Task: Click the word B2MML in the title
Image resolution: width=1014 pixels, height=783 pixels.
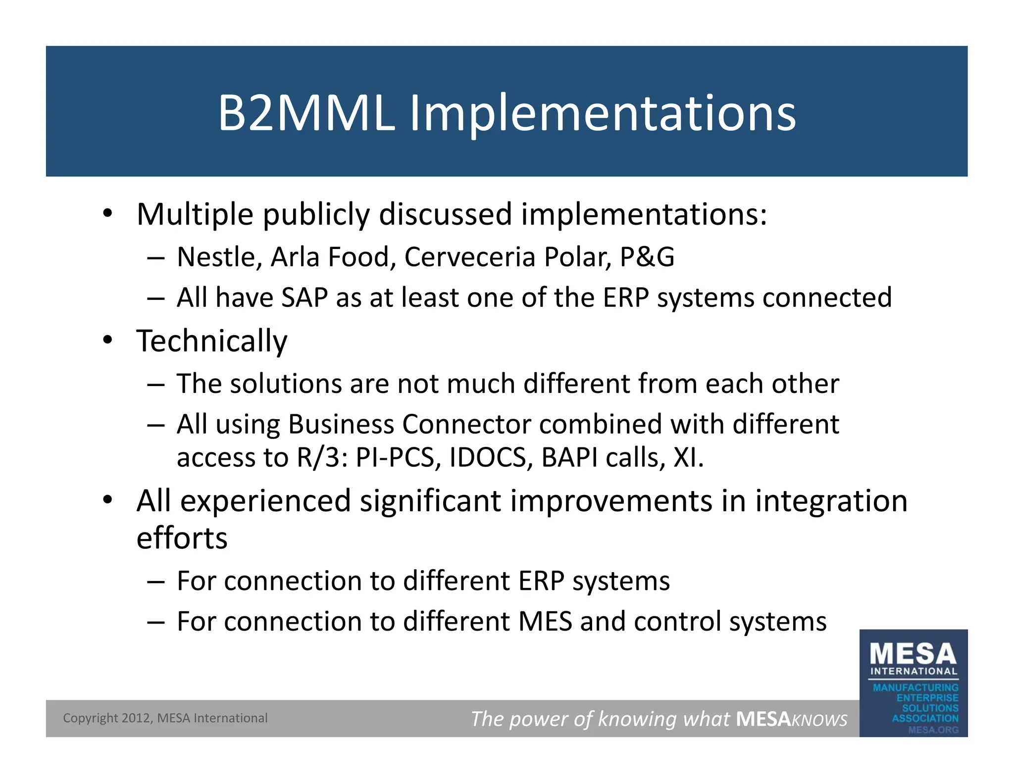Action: click(x=306, y=114)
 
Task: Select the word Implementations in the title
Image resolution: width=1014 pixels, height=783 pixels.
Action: click(x=603, y=115)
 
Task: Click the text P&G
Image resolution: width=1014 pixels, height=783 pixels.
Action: click(x=647, y=257)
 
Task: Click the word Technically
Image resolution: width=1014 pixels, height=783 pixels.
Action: click(x=212, y=342)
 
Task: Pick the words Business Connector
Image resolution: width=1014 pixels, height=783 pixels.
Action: click(x=409, y=425)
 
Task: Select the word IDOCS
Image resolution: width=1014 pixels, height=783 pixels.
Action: click(x=488, y=458)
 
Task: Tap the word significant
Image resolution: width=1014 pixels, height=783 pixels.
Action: click(x=430, y=501)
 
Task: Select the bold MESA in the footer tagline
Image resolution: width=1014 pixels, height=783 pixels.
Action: click(x=763, y=719)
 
